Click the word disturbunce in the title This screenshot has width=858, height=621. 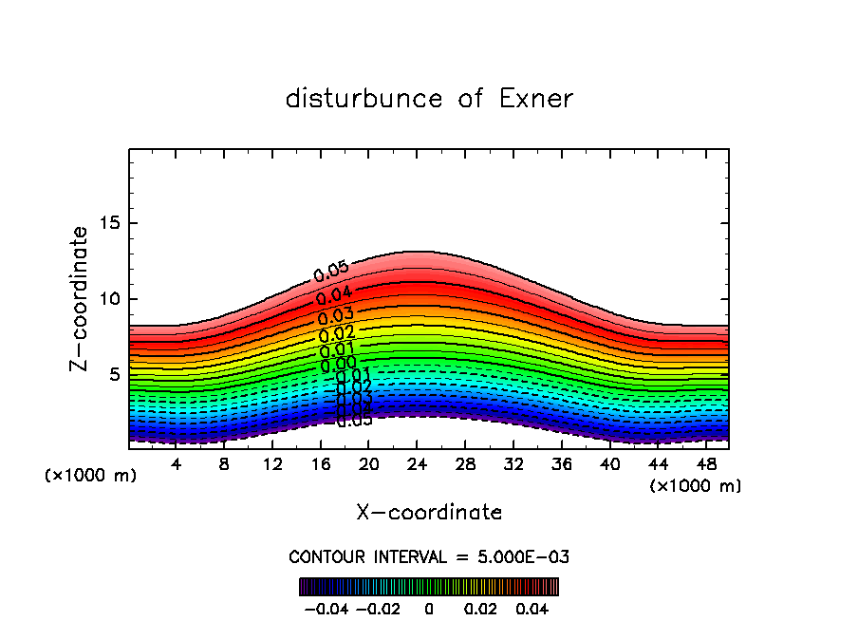pyautogui.click(x=364, y=99)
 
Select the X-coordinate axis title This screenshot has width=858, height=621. pyautogui.click(x=429, y=513)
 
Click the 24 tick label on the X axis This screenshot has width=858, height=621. pyautogui.click(x=417, y=464)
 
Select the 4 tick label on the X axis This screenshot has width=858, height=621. pyautogui.click(x=176, y=464)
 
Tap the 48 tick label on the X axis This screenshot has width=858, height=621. pyautogui.click(x=706, y=464)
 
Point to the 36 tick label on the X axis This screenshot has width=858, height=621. pyautogui.click(x=561, y=464)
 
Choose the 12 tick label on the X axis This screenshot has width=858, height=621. pyautogui.click(x=271, y=464)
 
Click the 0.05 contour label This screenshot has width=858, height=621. pyautogui.click(x=330, y=272)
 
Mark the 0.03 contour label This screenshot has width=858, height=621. pyautogui.click(x=335, y=316)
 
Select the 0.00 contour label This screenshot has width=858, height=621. pyautogui.click(x=338, y=364)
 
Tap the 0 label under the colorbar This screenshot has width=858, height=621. pyautogui.click(x=429, y=607)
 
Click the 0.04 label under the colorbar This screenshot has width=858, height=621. pyautogui.click(x=532, y=607)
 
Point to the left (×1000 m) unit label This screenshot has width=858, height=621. pyautogui.click(x=90, y=475)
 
